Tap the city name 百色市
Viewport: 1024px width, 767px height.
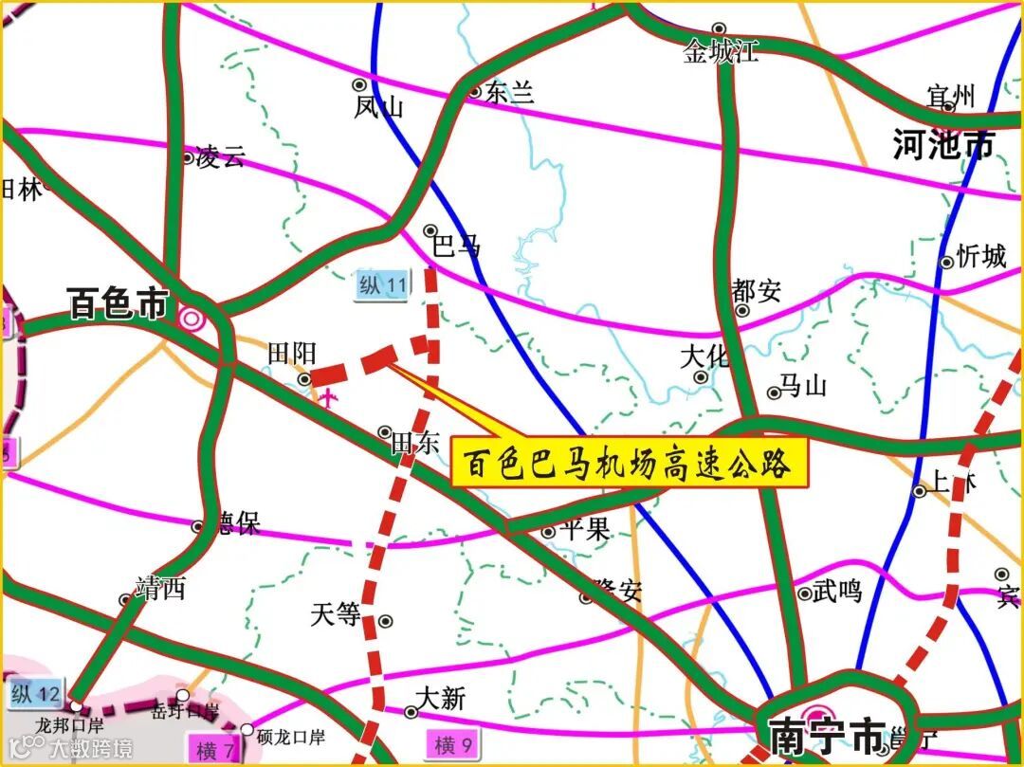(x=118, y=304)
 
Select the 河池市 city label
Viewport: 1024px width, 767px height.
(x=943, y=145)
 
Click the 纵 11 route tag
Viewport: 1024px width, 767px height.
(x=383, y=285)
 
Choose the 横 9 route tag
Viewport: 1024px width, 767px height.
(x=453, y=742)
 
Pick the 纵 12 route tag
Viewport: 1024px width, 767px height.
(x=36, y=694)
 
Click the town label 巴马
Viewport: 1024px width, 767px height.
(x=456, y=247)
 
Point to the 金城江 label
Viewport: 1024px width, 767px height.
(x=721, y=51)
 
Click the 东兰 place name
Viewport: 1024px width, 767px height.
(x=510, y=92)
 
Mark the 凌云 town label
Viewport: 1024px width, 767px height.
(x=220, y=157)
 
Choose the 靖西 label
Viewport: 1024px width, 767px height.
(x=160, y=589)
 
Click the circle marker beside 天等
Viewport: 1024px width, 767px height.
(x=385, y=620)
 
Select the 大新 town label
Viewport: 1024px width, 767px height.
(x=441, y=700)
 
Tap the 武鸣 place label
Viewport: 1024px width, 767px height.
(x=837, y=591)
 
